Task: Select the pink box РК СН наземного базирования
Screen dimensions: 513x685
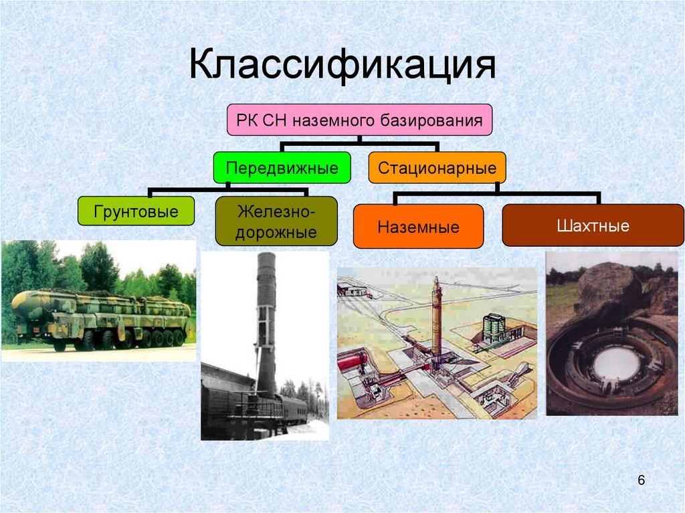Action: tap(359, 121)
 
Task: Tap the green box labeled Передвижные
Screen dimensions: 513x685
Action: tap(282, 167)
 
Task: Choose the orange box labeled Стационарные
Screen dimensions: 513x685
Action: tap(437, 167)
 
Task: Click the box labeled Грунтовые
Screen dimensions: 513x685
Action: tap(136, 213)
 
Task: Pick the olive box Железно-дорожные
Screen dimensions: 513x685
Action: tap(276, 222)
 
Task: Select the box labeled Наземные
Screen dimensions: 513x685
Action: tap(418, 227)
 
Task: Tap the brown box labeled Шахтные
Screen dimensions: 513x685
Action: tap(593, 225)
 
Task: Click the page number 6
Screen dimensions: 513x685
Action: tap(641, 480)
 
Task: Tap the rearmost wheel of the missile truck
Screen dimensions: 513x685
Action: tap(179, 338)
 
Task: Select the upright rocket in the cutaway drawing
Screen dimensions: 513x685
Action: tap(436, 321)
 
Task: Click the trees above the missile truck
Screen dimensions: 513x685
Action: tap(100, 268)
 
